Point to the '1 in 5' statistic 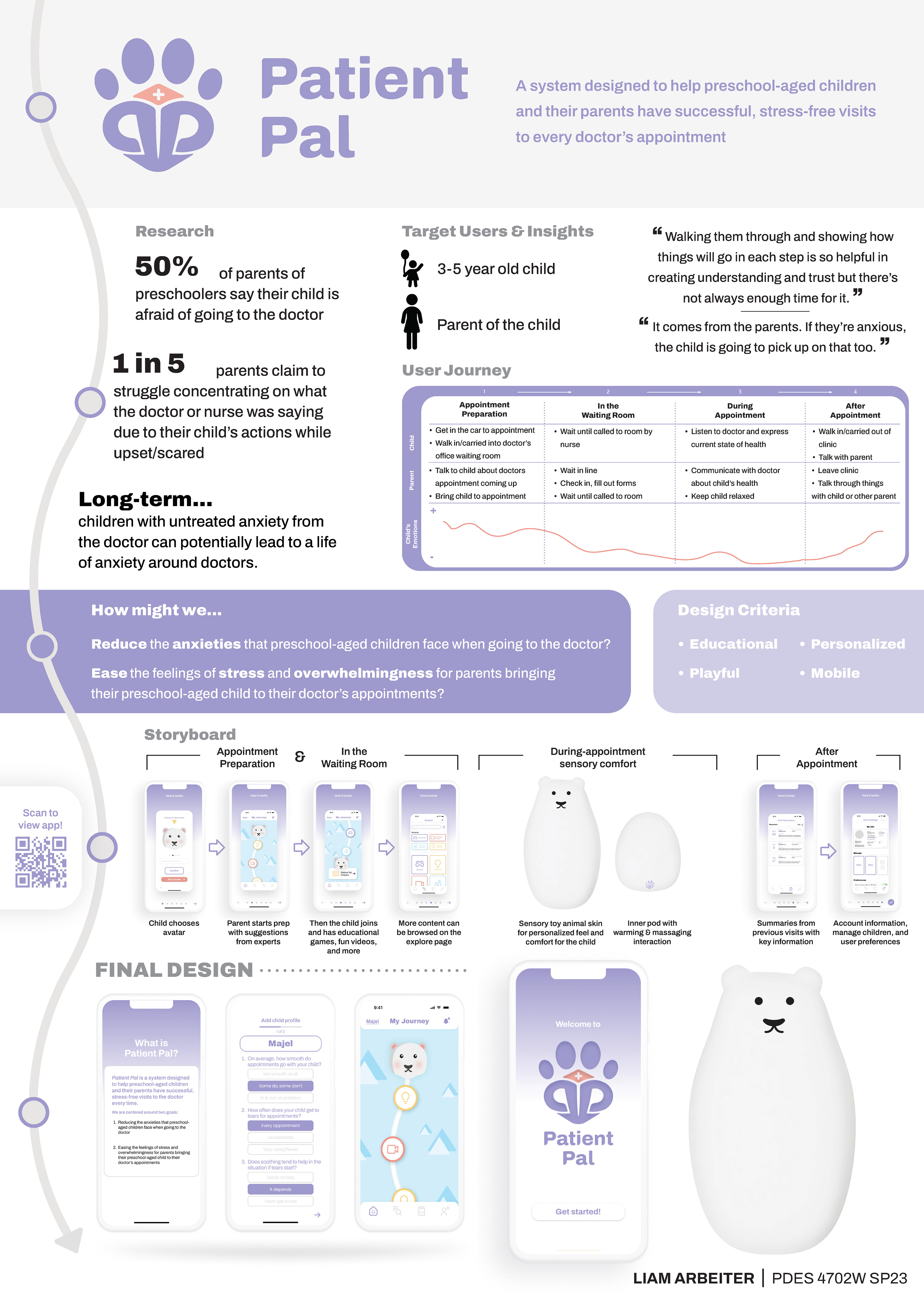coord(149,363)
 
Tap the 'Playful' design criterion coord(714,673)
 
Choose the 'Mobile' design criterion coord(835,673)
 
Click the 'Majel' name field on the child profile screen coord(281,1043)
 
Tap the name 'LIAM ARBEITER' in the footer coord(693,1278)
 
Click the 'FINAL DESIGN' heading coord(174,970)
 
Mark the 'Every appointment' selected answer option coord(281,1125)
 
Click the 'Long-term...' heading coord(146,499)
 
